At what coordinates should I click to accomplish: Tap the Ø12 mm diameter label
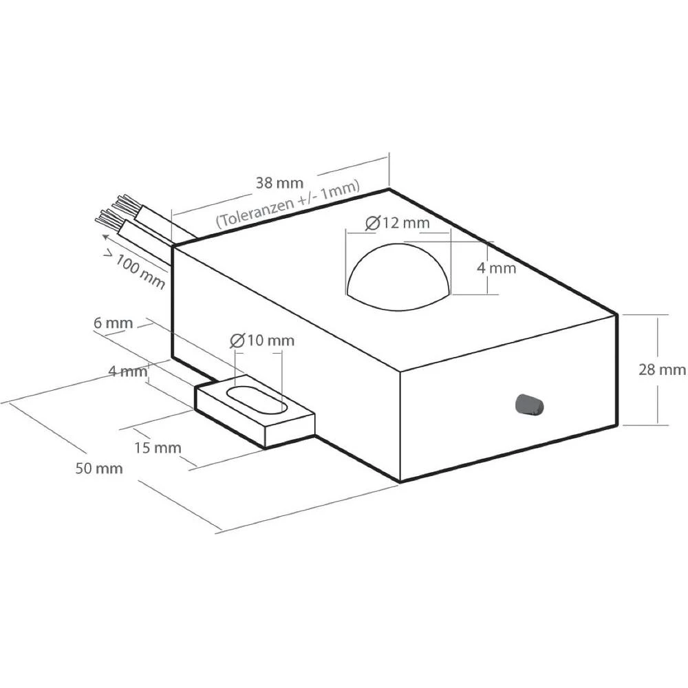point(398,223)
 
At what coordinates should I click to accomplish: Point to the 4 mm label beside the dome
point(496,268)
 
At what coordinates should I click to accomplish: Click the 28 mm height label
point(662,369)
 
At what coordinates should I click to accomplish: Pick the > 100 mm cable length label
point(135,270)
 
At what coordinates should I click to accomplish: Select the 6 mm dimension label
point(114,323)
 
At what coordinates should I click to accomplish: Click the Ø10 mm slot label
point(262,340)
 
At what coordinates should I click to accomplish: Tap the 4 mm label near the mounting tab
point(128,372)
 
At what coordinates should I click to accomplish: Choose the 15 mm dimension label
point(158,448)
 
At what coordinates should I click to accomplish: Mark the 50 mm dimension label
point(99,469)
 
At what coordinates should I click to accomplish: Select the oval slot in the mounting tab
point(257,400)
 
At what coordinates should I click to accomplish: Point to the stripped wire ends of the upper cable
point(124,204)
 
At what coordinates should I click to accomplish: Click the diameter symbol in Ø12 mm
point(372,223)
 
